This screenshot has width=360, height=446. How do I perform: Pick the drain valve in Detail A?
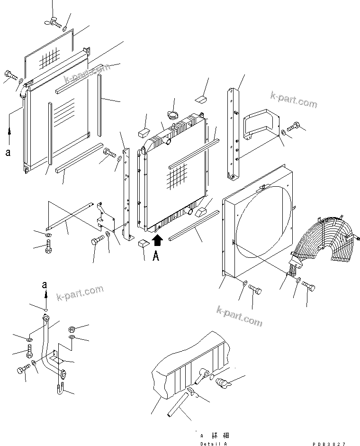[x=222, y=382]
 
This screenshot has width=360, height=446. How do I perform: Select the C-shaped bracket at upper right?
[x=259, y=125]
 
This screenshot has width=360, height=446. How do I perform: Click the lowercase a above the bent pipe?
[x=45, y=285]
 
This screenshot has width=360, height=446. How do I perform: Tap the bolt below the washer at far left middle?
[x=48, y=247]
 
